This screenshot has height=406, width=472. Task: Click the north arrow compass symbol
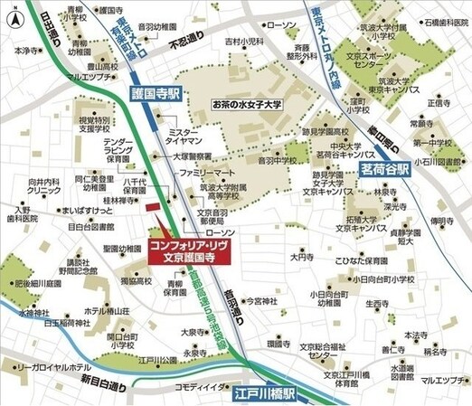click(x=15, y=14)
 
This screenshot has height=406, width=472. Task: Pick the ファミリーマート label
click(x=207, y=170)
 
